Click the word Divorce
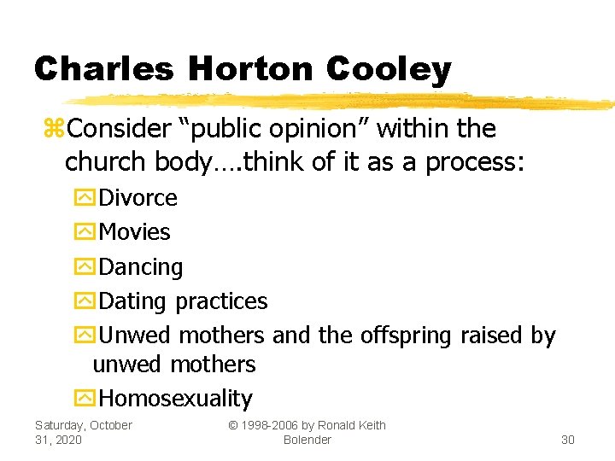[x=138, y=198]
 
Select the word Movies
[x=135, y=232]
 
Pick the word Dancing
[x=141, y=267]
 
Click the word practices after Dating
[x=221, y=301]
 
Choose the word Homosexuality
[x=176, y=399]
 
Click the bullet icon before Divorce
[x=85, y=198]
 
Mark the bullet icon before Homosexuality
[x=85, y=399]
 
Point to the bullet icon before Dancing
[x=85, y=267]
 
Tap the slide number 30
[x=567, y=439]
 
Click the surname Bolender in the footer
[x=307, y=439]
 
